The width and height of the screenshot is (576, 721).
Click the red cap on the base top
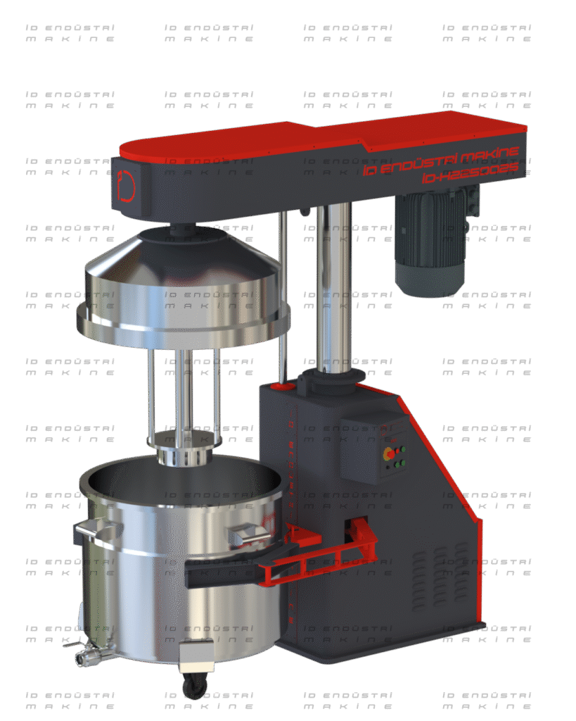[x=284, y=386]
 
